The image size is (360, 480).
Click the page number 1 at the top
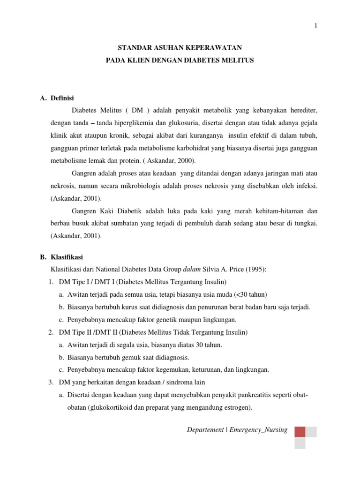[316, 26]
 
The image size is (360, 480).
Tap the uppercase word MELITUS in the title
[237, 61]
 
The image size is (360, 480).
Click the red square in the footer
[300, 432]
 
